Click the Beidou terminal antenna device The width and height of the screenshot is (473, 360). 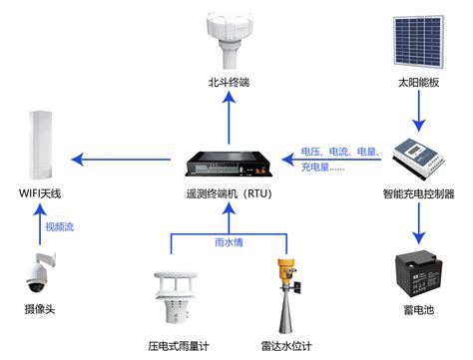229,39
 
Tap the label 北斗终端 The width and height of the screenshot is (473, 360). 229,82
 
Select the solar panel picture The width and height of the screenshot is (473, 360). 418,41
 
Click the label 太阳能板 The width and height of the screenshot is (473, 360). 418,82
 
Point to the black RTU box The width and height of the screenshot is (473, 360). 229,164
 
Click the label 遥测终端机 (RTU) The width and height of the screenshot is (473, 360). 229,193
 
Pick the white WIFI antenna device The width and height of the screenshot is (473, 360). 41,145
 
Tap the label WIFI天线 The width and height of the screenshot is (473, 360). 40,193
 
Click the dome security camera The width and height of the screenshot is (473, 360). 40,272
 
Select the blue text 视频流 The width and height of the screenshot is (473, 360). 59,227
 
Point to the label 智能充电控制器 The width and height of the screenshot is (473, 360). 418,193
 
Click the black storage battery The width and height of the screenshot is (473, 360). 418,274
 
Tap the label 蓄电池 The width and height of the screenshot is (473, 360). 418,310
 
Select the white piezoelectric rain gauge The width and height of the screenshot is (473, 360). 176,297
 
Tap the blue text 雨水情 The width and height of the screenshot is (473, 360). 229,242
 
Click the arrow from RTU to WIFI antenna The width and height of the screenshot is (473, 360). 121,160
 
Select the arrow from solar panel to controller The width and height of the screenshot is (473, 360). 419,112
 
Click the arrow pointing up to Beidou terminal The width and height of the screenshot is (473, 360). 229,118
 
